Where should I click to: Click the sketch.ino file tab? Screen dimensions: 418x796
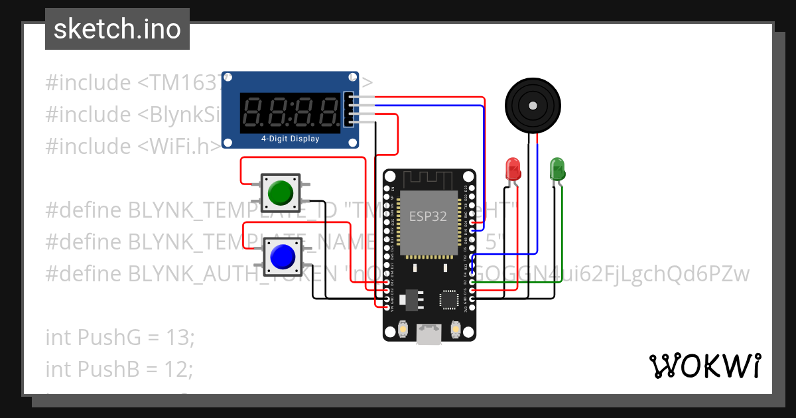coord(117,29)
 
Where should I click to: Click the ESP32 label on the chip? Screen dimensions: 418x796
coord(427,216)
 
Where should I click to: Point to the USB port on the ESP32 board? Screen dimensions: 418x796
coord(429,335)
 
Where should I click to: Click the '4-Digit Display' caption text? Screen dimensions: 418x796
coord(290,139)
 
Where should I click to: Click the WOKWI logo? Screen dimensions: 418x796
coord(704,366)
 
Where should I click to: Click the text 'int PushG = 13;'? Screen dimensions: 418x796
coord(120,337)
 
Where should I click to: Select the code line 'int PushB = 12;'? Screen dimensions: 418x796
coord(119,368)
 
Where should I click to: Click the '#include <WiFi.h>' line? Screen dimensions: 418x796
coord(133,146)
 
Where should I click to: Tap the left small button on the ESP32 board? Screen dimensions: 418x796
coord(403,328)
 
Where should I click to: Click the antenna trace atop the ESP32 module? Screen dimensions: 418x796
coord(429,179)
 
